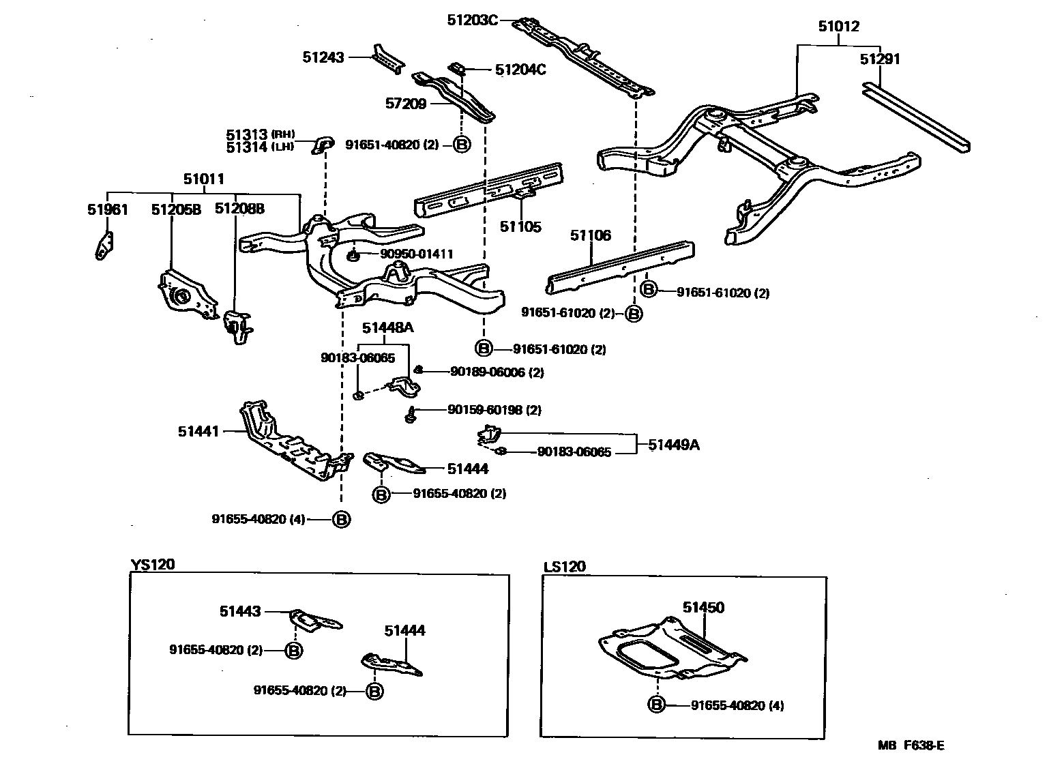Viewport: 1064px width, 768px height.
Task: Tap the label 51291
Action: pos(880,59)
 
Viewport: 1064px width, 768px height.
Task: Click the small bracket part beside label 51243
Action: pos(386,57)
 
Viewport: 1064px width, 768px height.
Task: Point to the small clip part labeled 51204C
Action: pos(458,68)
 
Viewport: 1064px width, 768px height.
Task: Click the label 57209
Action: pos(406,104)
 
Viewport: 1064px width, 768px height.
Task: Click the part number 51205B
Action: pos(176,209)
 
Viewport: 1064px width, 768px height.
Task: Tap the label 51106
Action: pos(591,236)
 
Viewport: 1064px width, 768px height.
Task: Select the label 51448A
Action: pos(387,328)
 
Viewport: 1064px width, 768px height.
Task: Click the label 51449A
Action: pos(674,445)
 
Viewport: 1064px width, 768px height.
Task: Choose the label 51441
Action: pos(198,431)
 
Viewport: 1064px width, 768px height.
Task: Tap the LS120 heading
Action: pos(565,567)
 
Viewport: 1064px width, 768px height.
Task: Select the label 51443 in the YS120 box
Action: pos(240,612)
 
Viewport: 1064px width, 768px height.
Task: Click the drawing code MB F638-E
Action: pos(911,745)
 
